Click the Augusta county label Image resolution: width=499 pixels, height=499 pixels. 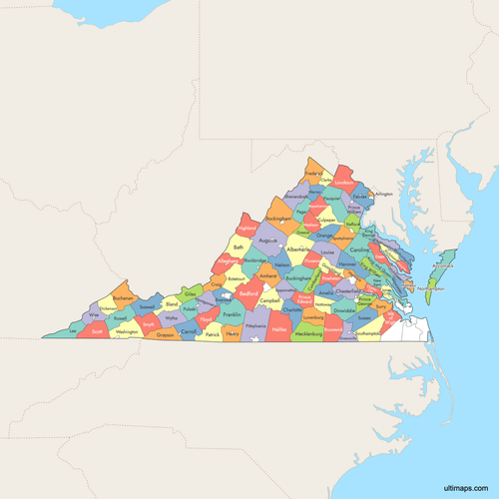[x=267, y=241]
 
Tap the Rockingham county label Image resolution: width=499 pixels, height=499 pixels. [x=279, y=217]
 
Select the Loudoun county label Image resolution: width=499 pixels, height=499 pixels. [x=344, y=184]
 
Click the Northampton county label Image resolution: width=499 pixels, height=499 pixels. [x=431, y=288]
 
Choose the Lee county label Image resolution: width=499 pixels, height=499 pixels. [x=72, y=330]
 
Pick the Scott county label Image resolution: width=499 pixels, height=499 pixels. [x=97, y=330]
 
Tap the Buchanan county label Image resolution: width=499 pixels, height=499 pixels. [x=124, y=297]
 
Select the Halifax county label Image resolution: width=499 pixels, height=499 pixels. [x=279, y=328]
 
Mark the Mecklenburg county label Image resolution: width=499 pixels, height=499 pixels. [x=308, y=332]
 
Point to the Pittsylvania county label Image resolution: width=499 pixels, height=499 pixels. [x=254, y=325]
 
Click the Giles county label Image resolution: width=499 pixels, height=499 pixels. [x=191, y=294]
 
